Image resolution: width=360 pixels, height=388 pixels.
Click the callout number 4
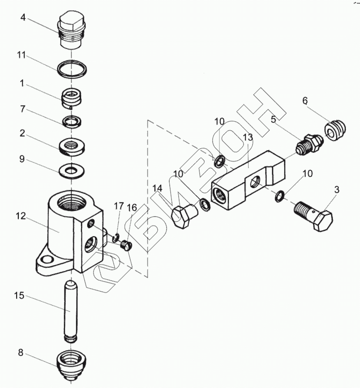(23, 18)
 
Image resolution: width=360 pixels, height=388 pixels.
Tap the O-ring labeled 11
(72, 68)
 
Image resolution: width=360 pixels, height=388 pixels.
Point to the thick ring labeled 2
(72, 146)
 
